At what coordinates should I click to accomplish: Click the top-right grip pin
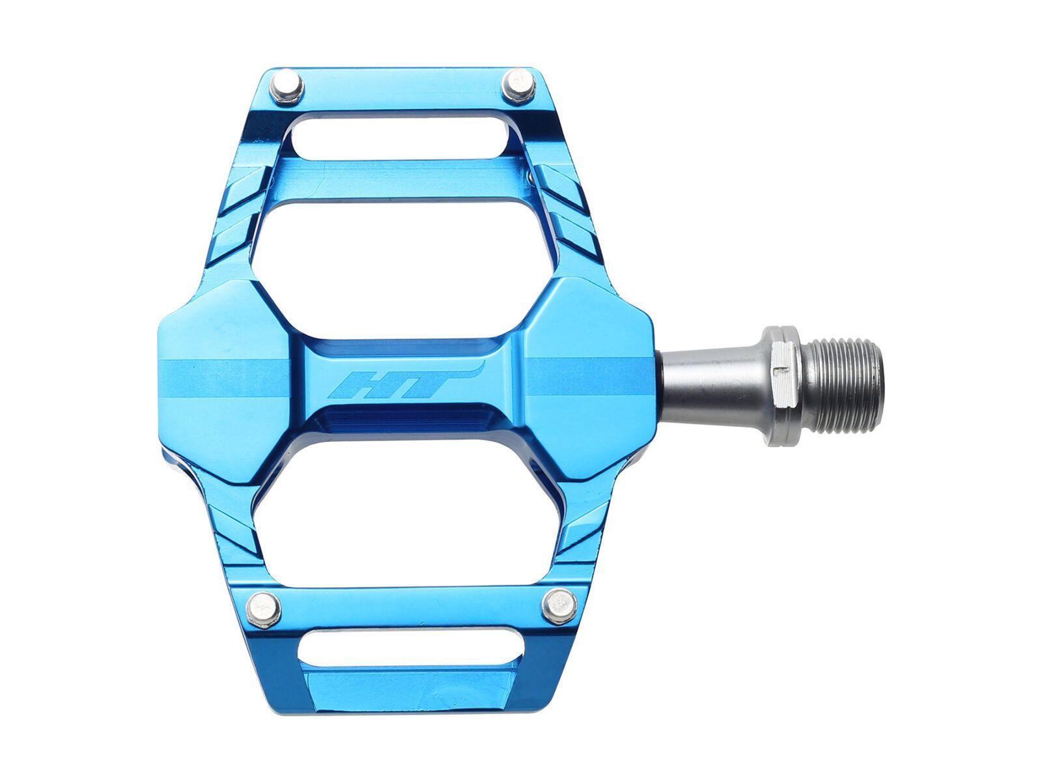[x=519, y=85]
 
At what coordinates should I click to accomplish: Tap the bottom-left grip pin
[x=264, y=609]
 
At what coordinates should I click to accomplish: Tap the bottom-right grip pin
[x=559, y=605]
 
